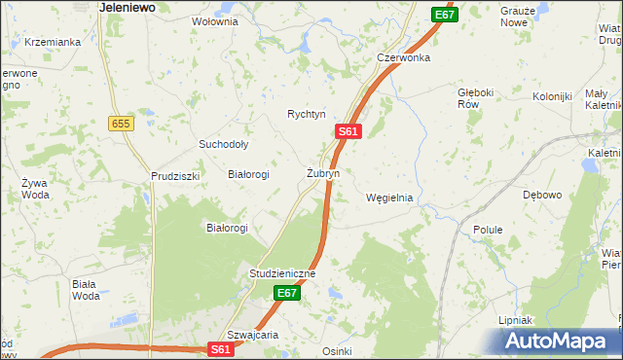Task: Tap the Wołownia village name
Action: coord(215,21)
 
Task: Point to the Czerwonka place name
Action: coord(404,57)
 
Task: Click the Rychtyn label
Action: coord(306,114)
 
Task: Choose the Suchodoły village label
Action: coord(224,144)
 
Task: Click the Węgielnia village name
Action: coord(389,198)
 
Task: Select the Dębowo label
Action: coord(542,196)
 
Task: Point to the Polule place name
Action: coord(488,230)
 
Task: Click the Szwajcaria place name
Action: coord(253,334)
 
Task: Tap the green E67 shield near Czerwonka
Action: coord(444,15)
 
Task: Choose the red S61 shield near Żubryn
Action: coord(349,131)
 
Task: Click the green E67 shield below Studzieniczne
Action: coord(285,293)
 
